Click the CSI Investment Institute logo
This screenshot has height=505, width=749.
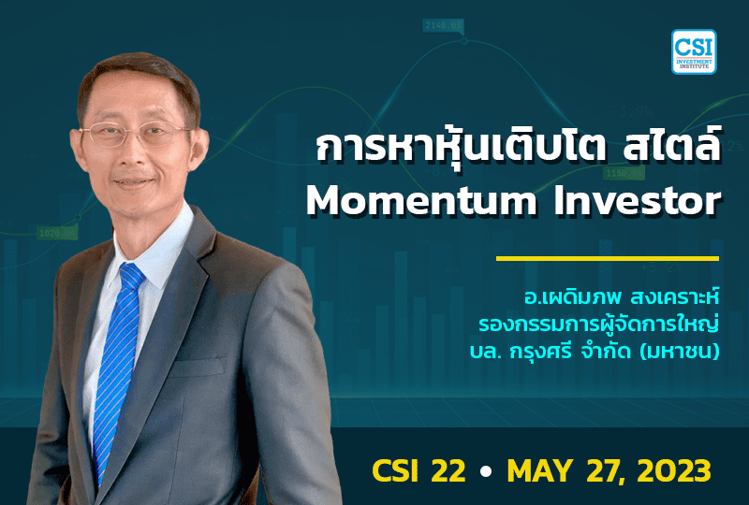click(693, 51)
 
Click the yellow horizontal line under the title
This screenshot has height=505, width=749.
click(607, 258)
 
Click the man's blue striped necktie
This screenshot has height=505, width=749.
click(118, 346)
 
